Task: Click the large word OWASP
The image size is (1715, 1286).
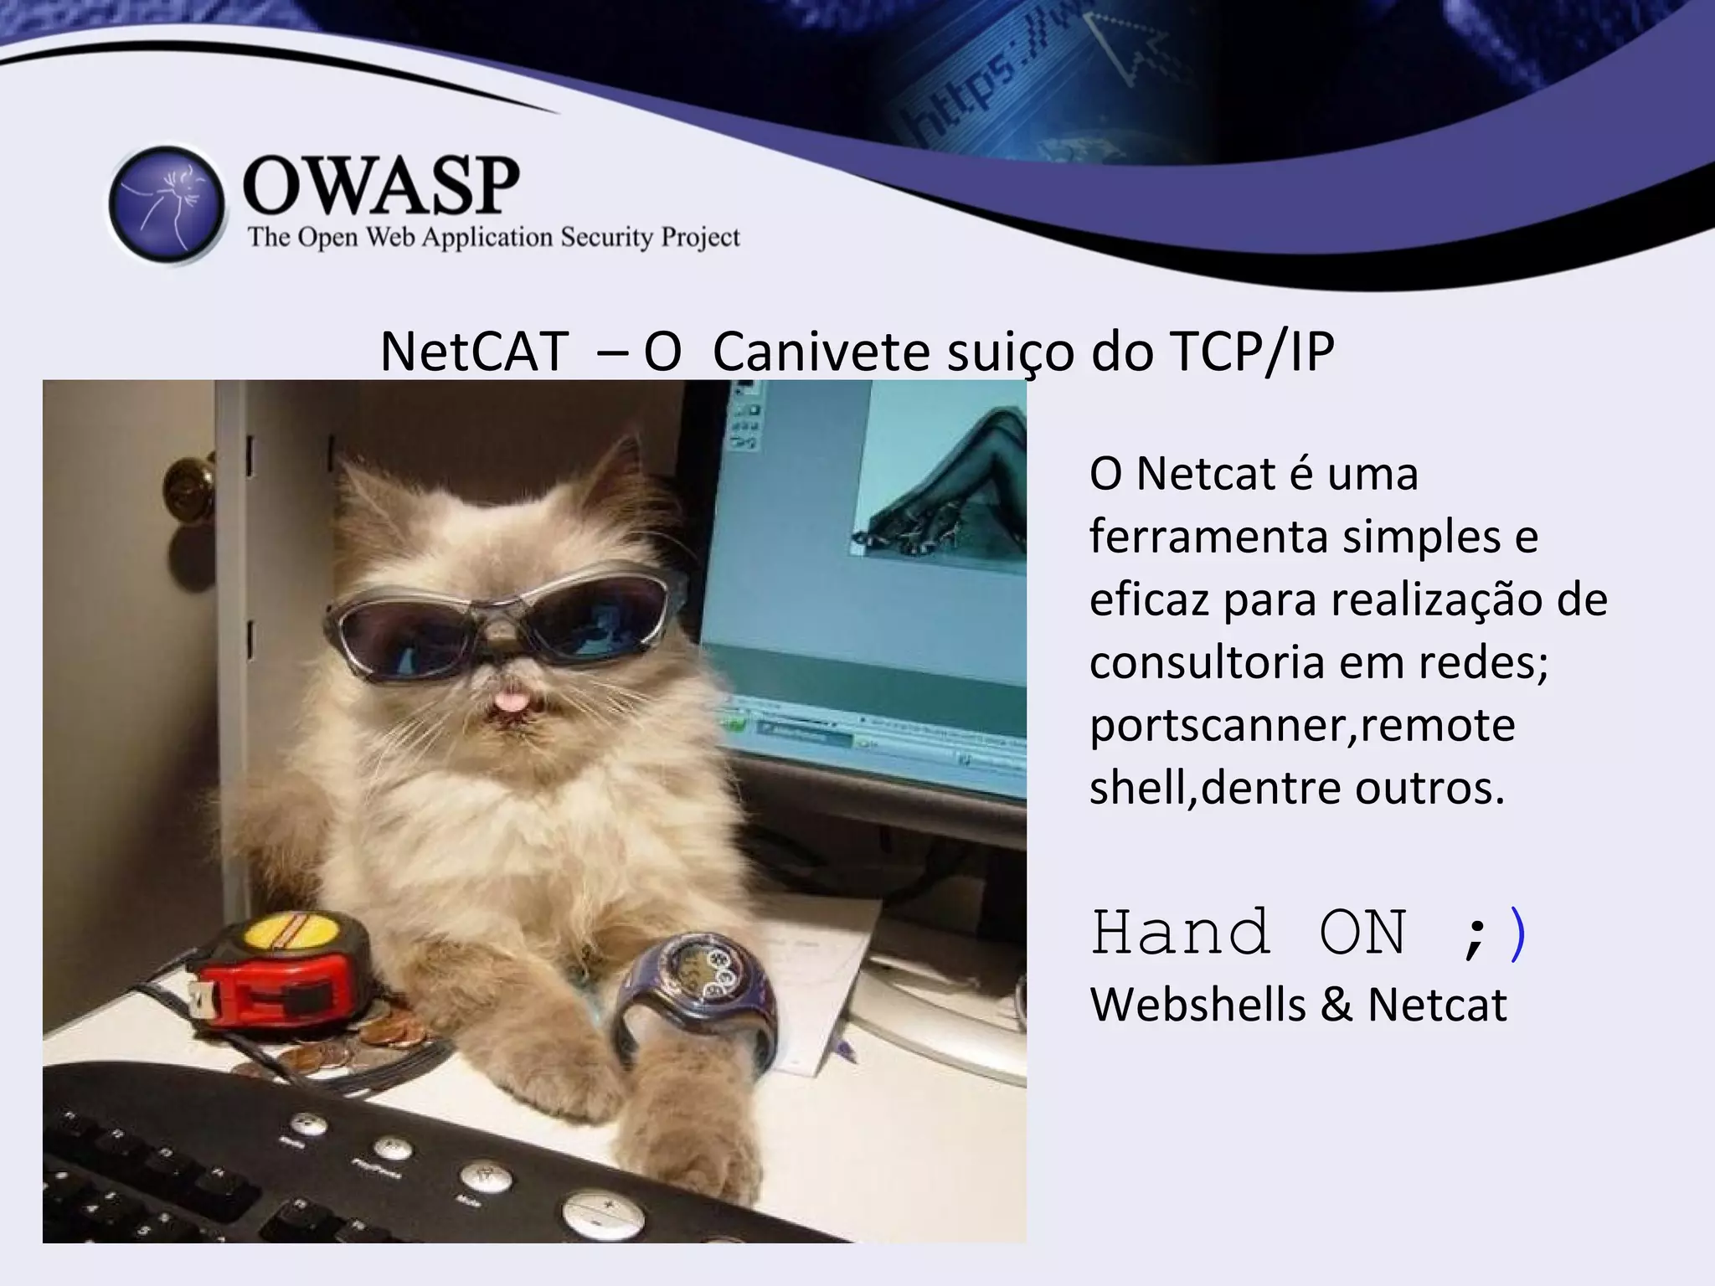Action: click(x=381, y=185)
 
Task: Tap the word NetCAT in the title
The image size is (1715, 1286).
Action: click(x=474, y=351)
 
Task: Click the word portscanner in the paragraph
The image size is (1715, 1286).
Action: click(x=1219, y=726)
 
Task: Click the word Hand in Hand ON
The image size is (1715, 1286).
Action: click(x=1181, y=933)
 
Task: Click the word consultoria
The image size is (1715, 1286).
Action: click(x=1206, y=663)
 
